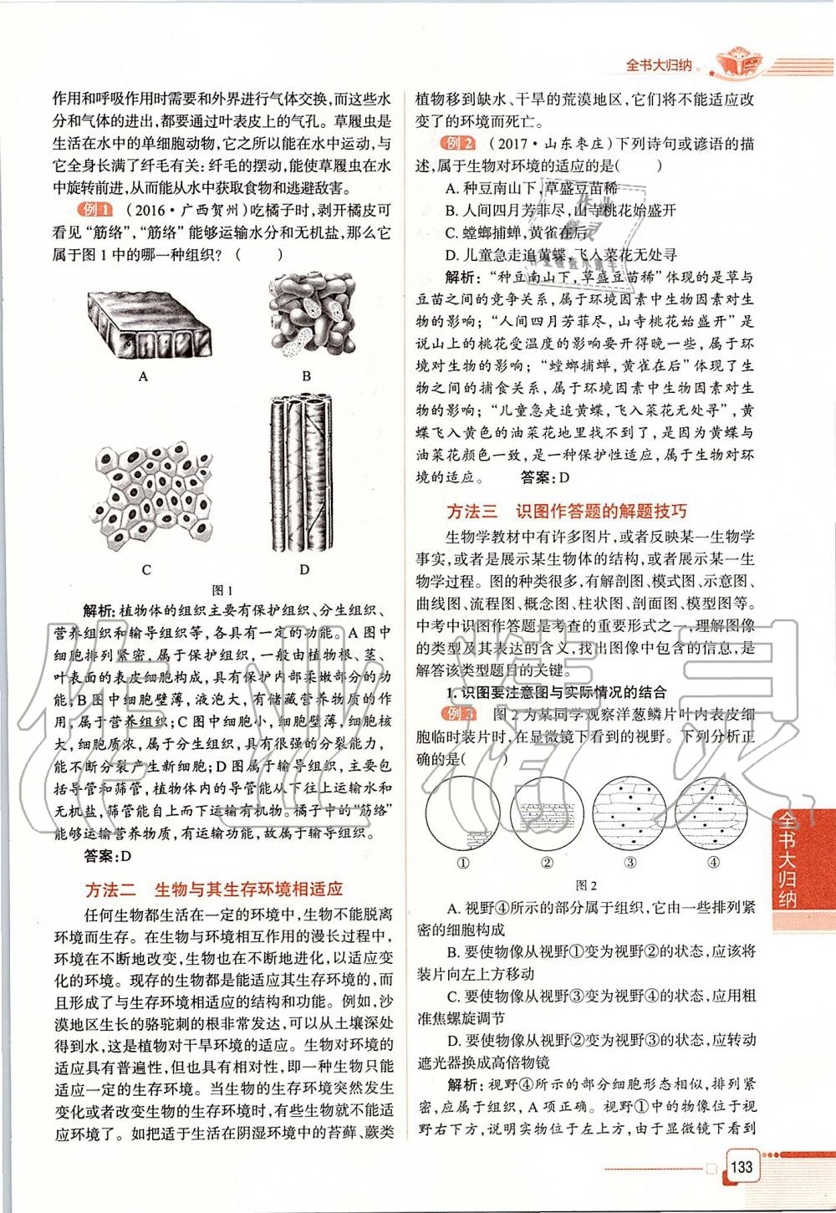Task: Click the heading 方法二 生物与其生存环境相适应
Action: click(215, 889)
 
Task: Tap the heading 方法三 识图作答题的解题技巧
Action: click(567, 511)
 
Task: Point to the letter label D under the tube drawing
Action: click(304, 570)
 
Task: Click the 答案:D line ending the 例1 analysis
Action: click(109, 855)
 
